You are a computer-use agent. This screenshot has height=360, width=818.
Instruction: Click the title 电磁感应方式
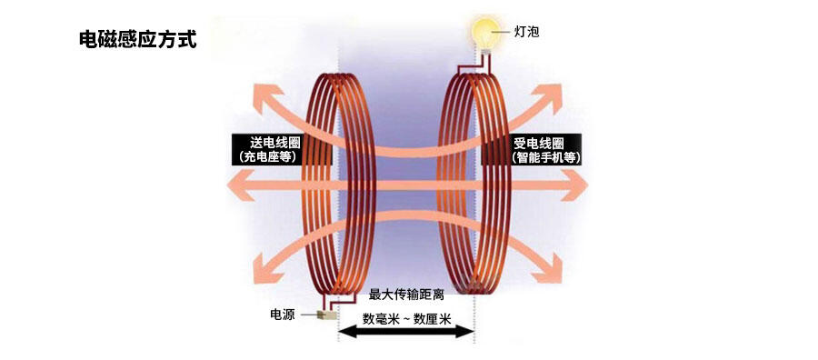(x=138, y=40)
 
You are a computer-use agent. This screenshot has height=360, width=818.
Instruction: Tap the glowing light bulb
(x=485, y=33)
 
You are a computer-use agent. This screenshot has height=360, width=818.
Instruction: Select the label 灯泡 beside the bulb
(x=526, y=33)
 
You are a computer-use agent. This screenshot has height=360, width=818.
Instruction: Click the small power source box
(x=327, y=315)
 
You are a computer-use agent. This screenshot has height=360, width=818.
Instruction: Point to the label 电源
(x=283, y=314)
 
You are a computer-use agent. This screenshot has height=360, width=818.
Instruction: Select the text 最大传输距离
(x=406, y=295)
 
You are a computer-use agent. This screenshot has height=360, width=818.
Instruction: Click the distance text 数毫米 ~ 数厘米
(x=407, y=319)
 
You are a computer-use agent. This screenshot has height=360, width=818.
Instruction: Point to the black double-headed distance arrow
(x=406, y=332)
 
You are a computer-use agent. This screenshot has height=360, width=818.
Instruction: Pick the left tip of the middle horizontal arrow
(x=227, y=185)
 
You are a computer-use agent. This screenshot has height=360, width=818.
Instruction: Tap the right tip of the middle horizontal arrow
(x=588, y=185)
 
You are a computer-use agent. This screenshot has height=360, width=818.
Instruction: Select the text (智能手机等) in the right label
(x=546, y=157)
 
